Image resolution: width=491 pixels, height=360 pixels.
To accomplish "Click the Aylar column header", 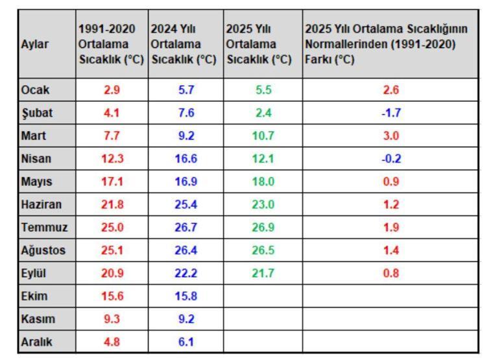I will pyautogui.click(x=35, y=45).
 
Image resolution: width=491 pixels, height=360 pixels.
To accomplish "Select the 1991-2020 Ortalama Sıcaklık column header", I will pyautogui.click(x=111, y=45).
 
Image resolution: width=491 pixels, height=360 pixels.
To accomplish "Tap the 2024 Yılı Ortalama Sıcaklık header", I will pyautogui.click(x=184, y=45).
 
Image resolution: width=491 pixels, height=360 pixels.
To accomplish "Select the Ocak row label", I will pyautogui.click(x=35, y=90).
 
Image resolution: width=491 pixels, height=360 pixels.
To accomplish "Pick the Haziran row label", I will pyautogui.click(x=42, y=204).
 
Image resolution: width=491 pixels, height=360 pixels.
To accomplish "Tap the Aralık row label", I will pyautogui.click(x=37, y=342).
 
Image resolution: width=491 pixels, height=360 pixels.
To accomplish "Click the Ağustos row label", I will pyautogui.click(x=43, y=250).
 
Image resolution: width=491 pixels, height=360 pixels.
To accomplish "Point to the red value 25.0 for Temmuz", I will pyautogui.click(x=112, y=228).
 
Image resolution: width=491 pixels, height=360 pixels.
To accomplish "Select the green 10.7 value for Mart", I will pyautogui.click(x=263, y=136).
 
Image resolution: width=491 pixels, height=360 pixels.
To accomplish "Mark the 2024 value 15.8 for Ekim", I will pyautogui.click(x=186, y=296).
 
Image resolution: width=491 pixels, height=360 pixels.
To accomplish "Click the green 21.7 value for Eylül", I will pyautogui.click(x=263, y=273).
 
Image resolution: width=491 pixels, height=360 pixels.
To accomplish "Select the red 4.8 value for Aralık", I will pyautogui.click(x=112, y=342).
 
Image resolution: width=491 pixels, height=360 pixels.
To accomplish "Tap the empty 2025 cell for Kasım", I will pyautogui.click(x=263, y=319).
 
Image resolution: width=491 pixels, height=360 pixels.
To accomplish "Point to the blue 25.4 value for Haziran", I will pyautogui.click(x=186, y=204).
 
